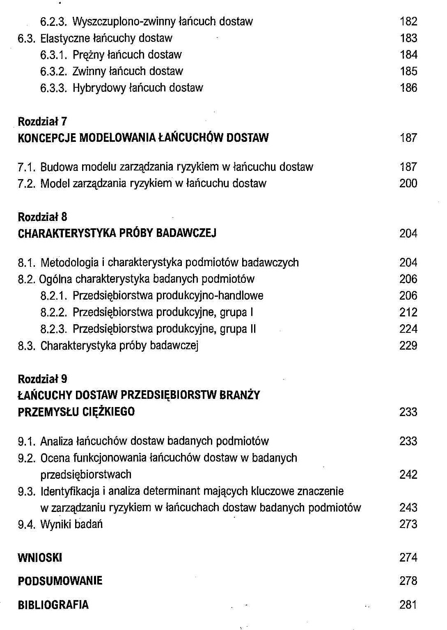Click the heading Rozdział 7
tap(42, 121)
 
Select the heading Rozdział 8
tap(42, 216)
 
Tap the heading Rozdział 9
tap(42, 379)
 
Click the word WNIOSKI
tap(40, 557)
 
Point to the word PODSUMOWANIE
tap(60, 580)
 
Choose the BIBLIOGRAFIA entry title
tap(53, 605)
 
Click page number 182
tap(408, 21)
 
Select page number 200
tap(408, 183)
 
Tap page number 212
tap(408, 312)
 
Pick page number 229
tap(408, 346)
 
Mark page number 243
tap(408, 507)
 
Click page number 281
tap(408, 605)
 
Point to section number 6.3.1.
tap(53, 55)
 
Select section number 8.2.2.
tap(53, 312)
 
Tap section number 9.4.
tap(27, 524)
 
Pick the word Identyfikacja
tap(70, 491)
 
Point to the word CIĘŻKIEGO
tap(108, 412)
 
